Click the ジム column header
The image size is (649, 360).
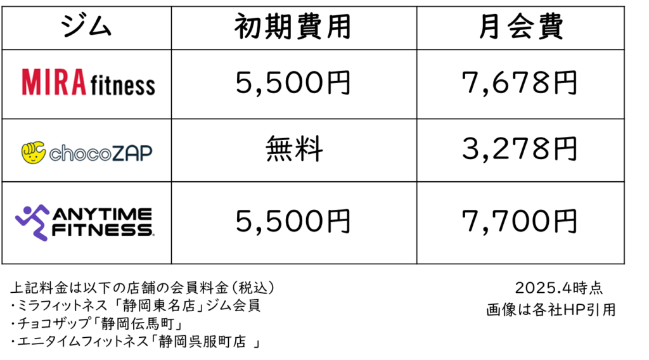(86, 27)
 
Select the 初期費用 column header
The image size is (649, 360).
(293, 27)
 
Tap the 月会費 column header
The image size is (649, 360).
(521, 27)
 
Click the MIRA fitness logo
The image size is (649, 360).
(88, 82)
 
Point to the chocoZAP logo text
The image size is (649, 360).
(101, 153)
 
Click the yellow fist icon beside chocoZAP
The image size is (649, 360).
(33, 152)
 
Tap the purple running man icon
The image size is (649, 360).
(32, 222)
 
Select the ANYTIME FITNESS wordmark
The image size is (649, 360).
(103, 222)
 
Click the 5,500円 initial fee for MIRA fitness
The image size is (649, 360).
(293, 83)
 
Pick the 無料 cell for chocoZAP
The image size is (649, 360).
(294, 149)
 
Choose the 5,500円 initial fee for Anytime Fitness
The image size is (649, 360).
(293, 221)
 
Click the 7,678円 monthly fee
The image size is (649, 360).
(520, 83)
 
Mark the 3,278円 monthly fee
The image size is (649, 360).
(520, 149)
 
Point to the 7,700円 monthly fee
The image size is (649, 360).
(520, 221)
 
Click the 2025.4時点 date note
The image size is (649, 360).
(559, 288)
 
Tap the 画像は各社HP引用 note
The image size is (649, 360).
(551, 309)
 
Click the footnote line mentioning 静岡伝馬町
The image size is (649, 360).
(96, 323)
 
